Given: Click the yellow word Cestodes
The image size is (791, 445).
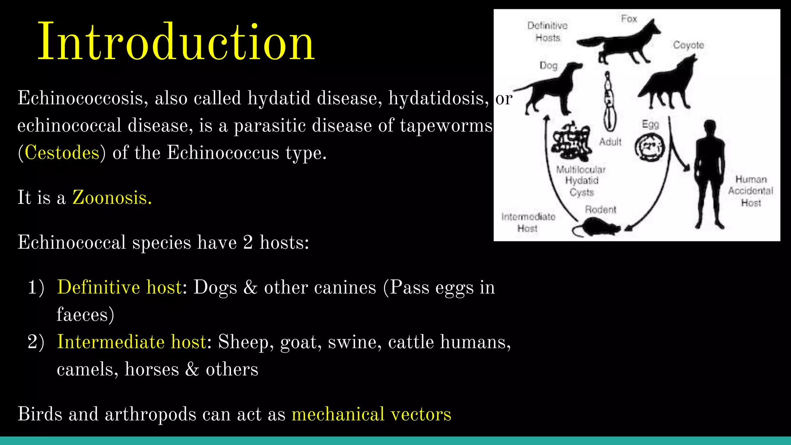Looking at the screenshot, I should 62,153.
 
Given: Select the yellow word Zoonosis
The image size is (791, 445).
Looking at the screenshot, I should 112,197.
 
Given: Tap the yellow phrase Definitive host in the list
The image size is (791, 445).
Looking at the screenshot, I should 119,287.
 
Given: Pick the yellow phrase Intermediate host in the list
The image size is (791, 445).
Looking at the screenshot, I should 131,342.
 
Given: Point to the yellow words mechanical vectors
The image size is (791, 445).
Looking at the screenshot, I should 371,414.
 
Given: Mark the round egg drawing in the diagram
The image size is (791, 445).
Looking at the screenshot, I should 650,147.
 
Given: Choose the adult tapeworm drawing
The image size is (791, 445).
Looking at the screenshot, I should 609,102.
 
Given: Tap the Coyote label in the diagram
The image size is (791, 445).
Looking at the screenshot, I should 688,45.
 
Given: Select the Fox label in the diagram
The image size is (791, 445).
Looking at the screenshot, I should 629,19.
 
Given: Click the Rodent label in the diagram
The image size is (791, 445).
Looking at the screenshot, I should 600,209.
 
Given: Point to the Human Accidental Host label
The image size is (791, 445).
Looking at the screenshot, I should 750,191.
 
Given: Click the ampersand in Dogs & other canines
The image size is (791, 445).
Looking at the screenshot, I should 250,287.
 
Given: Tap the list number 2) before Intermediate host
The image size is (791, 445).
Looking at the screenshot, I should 36,342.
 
